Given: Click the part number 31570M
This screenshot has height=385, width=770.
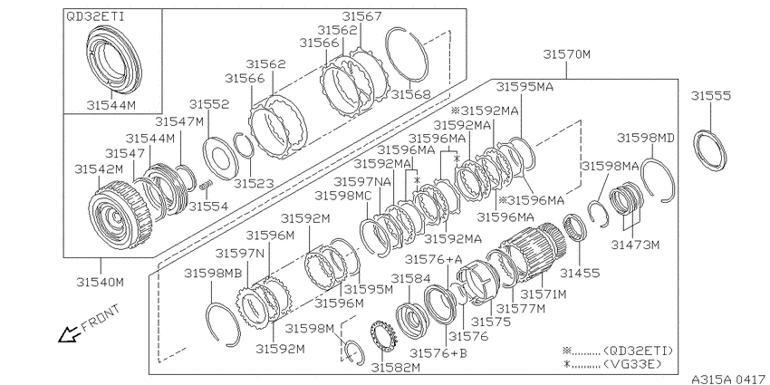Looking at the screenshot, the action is coord(566,54).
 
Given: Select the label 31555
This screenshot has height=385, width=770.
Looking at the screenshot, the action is coord(711,96).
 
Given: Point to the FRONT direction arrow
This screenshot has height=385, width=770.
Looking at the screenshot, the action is coord(68,334).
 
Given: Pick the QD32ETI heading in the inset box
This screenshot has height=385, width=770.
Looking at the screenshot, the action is coord(95,16).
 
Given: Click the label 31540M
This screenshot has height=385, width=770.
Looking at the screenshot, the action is coord(101,283).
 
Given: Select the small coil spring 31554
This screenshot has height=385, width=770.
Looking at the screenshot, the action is coord(207,187).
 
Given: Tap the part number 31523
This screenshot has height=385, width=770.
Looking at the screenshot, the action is coord(253,183).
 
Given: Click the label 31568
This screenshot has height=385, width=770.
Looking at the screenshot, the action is coord(411,94).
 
